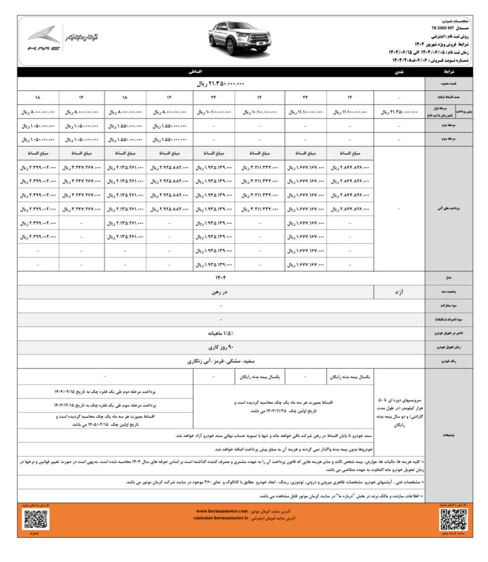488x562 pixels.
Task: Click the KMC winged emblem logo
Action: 44,38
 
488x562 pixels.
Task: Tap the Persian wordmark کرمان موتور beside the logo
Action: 82,37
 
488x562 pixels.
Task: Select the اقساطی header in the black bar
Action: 195,72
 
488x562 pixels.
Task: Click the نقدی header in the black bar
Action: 399,72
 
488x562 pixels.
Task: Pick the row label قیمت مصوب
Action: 448,84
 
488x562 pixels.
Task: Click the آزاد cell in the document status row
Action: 399,292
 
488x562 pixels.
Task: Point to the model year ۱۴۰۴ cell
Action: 221,278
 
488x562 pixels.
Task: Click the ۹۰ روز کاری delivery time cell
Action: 221,347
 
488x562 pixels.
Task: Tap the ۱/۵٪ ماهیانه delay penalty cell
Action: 221,333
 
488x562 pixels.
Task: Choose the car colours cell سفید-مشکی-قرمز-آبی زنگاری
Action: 221,361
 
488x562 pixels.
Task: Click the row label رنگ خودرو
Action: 448,361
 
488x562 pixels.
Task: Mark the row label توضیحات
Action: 448,435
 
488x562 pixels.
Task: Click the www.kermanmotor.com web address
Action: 222,511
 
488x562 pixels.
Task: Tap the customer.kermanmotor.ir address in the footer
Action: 221,518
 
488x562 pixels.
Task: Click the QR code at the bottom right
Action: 454,519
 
